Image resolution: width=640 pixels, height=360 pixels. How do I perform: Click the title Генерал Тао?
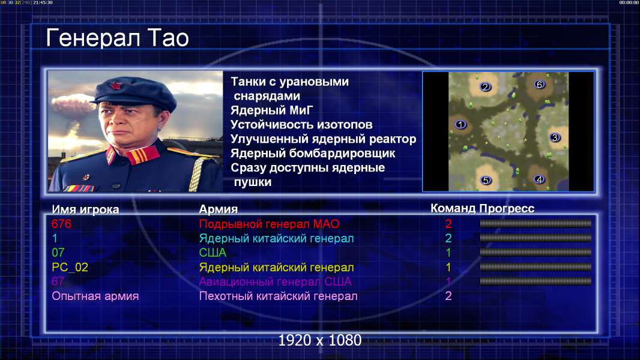click(x=117, y=38)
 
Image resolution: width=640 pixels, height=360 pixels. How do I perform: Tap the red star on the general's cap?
click(x=115, y=86)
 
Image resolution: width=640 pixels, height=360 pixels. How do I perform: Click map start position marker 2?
click(x=485, y=87)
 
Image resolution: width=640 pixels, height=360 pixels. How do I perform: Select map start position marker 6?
click(x=539, y=85)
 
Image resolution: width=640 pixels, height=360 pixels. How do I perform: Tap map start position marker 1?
click(x=460, y=124)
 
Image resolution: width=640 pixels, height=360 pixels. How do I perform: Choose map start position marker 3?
click(x=555, y=137)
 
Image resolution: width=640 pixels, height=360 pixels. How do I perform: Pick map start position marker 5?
click(x=485, y=180)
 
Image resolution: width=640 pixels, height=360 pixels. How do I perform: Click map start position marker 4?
click(x=539, y=179)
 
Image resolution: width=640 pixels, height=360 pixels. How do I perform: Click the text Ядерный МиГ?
click(x=272, y=110)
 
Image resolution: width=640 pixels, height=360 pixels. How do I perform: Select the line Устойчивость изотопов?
click(x=301, y=124)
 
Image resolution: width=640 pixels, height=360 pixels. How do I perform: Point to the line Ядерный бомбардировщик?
click(x=313, y=153)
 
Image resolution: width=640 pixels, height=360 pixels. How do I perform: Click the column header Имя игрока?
click(x=85, y=209)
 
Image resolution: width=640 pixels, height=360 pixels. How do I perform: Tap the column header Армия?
click(x=219, y=209)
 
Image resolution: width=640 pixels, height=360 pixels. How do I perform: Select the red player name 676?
click(x=62, y=223)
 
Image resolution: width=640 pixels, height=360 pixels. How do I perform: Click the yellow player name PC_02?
click(x=70, y=267)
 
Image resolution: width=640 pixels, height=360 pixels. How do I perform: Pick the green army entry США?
click(x=213, y=253)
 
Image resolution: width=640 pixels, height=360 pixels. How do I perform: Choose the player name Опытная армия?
click(x=95, y=296)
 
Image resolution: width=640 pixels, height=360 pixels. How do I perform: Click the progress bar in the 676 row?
click(x=536, y=223)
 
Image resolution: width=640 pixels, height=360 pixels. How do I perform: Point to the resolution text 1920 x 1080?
click(x=320, y=340)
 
